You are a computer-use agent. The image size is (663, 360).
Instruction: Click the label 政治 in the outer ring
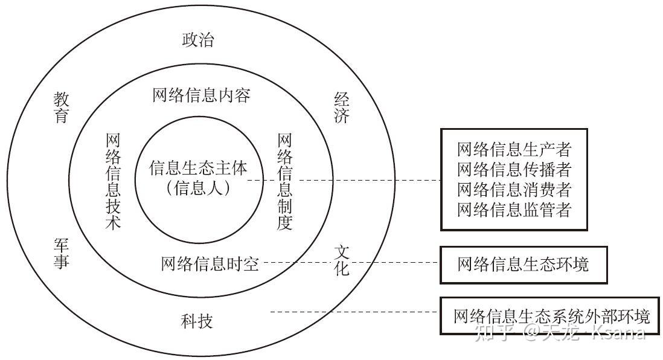click(x=198, y=40)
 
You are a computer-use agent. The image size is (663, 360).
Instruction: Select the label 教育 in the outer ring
click(x=61, y=107)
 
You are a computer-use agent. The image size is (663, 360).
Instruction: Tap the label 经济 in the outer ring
click(x=341, y=107)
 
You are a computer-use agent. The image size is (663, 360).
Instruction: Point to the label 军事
click(x=61, y=254)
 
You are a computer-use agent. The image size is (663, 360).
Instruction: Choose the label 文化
click(x=342, y=260)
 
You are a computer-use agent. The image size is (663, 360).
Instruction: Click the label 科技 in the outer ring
click(x=197, y=321)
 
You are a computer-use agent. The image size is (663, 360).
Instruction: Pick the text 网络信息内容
click(x=201, y=95)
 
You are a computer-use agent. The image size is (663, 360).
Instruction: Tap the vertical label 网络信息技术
click(x=113, y=181)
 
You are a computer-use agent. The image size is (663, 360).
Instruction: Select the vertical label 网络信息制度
click(x=285, y=181)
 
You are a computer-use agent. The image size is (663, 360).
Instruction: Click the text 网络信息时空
click(x=210, y=264)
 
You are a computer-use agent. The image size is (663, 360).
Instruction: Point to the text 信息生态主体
click(x=198, y=169)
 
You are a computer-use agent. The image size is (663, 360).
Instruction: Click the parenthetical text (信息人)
click(x=198, y=188)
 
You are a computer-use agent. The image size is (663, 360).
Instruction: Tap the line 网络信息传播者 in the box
click(x=514, y=170)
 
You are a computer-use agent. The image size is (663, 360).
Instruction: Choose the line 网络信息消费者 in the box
click(x=514, y=190)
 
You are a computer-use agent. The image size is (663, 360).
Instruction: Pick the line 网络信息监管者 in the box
click(x=514, y=210)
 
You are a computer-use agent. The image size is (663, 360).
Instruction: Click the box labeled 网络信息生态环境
click(x=523, y=265)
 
